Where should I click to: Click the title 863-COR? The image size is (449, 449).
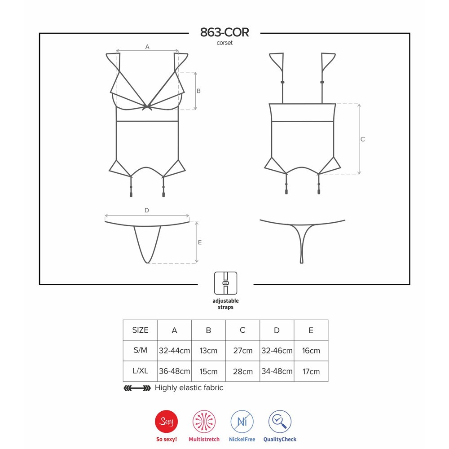(224, 32)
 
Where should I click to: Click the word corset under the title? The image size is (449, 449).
(224, 43)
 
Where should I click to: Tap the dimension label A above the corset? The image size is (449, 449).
(147, 47)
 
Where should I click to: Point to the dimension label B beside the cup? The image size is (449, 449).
(198, 91)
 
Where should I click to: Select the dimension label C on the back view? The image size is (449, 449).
(362, 139)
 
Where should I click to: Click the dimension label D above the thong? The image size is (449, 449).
(147, 210)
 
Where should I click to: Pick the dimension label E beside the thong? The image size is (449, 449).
(200, 242)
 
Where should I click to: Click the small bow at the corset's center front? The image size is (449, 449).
(147, 107)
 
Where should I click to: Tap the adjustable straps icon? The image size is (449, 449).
(226, 283)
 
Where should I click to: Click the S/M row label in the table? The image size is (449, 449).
(140, 350)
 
